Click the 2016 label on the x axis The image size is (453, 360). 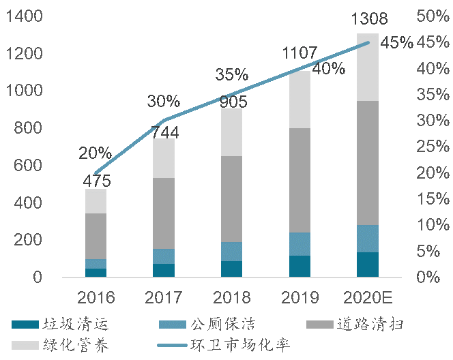96,298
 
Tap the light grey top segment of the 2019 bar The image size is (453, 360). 299,100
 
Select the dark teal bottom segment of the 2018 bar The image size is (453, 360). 232,269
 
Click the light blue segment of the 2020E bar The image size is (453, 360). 368,239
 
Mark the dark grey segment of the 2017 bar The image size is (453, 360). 164,213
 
